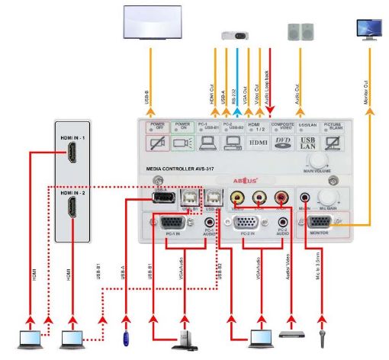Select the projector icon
[233, 34]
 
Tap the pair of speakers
[299, 31]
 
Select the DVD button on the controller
[281, 142]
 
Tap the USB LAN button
[308, 142]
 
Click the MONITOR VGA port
[320, 223]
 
